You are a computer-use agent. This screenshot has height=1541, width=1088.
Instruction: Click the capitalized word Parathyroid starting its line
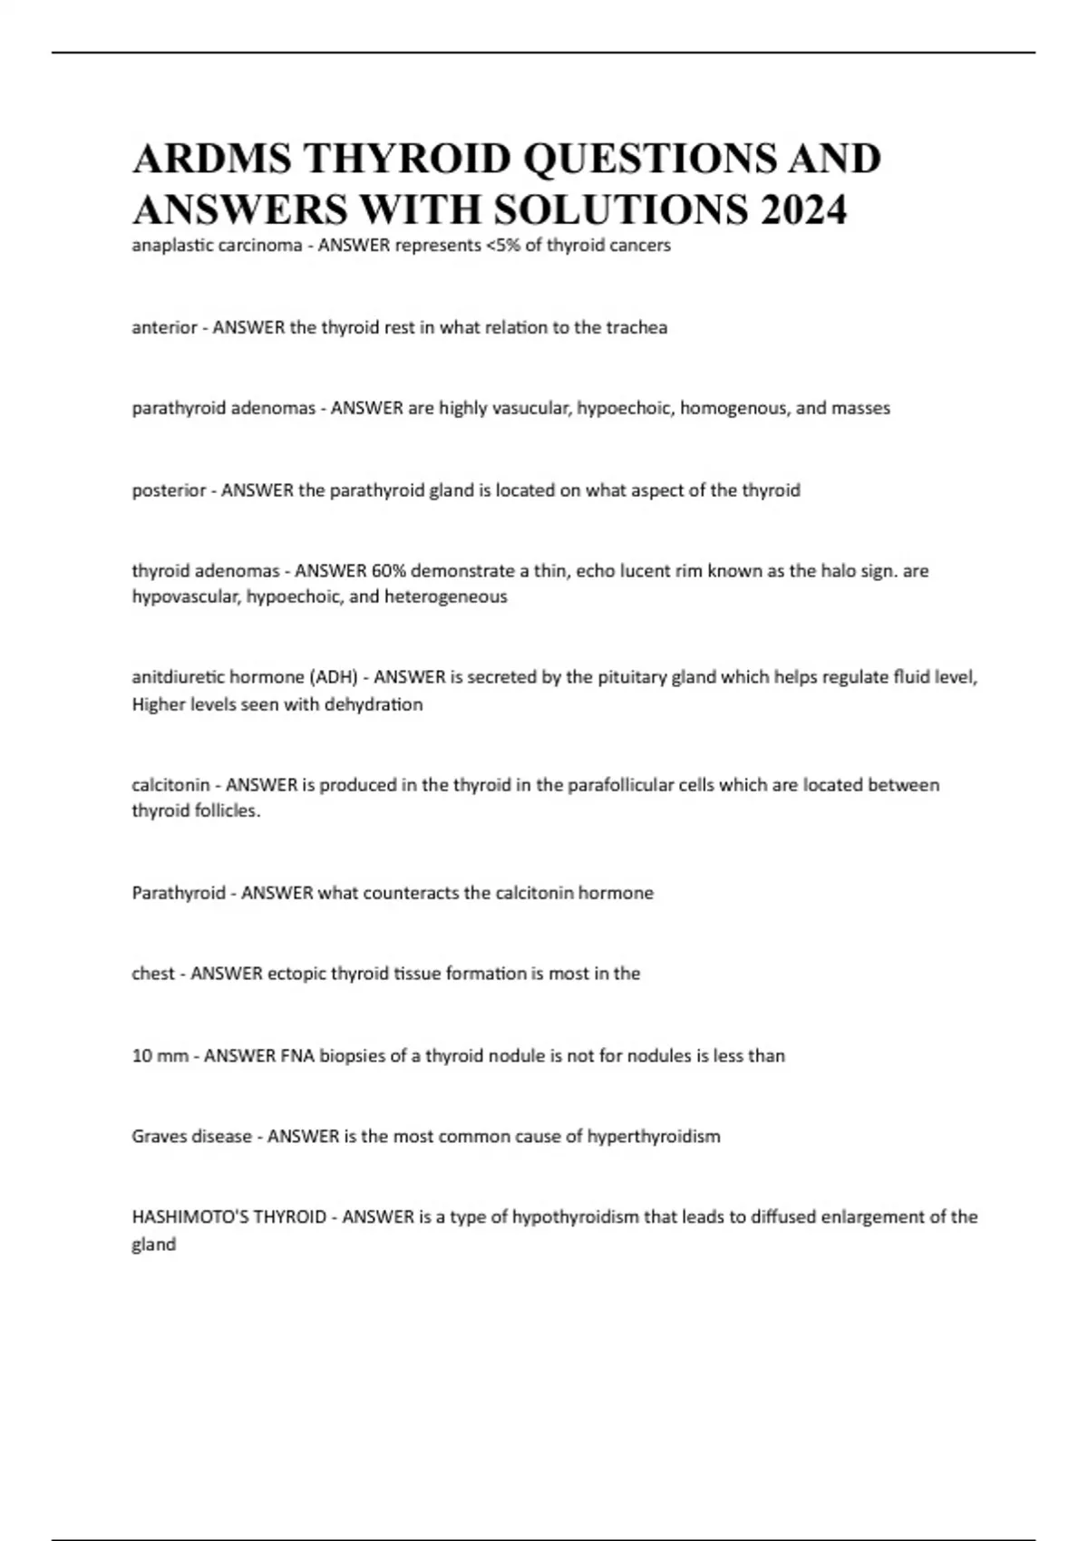pyautogui.click(x=178, y=893)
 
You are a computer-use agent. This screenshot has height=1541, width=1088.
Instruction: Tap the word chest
pyautogui.click(x=153, y=974)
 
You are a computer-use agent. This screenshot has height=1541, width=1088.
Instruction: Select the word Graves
pyautogui.click(x=160, y=1137)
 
